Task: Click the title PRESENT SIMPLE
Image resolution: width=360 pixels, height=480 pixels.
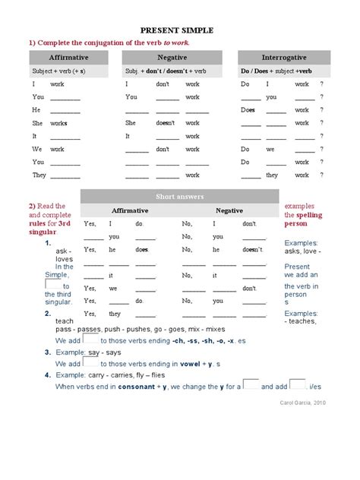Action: [179, 30]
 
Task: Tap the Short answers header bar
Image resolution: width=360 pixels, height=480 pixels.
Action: [179, 196]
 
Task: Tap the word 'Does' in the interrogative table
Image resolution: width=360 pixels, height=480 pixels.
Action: [248, 109]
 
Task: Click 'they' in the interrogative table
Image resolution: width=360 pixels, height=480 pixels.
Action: [271, 175]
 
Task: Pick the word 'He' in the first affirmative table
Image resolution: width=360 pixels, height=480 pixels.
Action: [35, 109]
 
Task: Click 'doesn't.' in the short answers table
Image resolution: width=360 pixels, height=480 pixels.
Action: [253, 249]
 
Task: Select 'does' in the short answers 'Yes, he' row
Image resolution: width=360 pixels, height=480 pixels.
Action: [141, 249]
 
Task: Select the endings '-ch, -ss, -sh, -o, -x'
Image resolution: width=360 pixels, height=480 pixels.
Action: [194, 342]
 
